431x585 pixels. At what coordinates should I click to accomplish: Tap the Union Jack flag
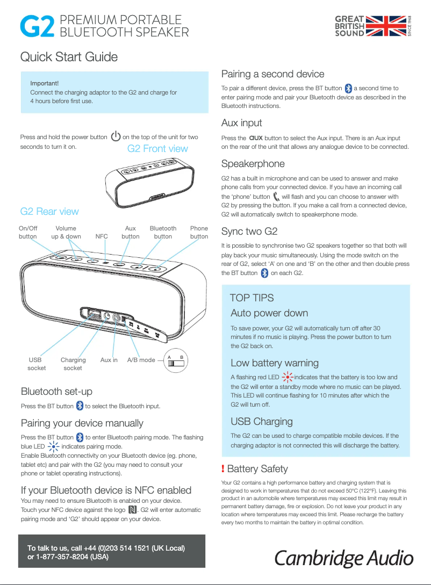tap(386, 26)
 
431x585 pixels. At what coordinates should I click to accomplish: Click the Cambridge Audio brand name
tap(344, 558)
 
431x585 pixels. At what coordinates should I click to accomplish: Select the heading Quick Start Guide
tap(69, 57)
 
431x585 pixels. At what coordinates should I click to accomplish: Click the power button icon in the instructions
tap(115, 137)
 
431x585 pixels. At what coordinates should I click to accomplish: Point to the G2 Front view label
tap(157, 148)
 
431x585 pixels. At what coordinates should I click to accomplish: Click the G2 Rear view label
tap(49, 211)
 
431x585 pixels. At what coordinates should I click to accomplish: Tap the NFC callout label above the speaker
tap(102, 236)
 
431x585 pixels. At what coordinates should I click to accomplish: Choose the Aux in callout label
tap(109, 360)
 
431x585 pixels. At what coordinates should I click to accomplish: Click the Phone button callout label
tap(199, 232)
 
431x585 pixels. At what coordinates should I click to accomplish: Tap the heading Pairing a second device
tap(273, 74)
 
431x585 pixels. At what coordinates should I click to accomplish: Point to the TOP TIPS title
tap(252, 298)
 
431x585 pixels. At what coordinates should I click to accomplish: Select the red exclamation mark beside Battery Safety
tap(223, 469)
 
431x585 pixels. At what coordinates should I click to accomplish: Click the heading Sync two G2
tap(249, 232)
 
